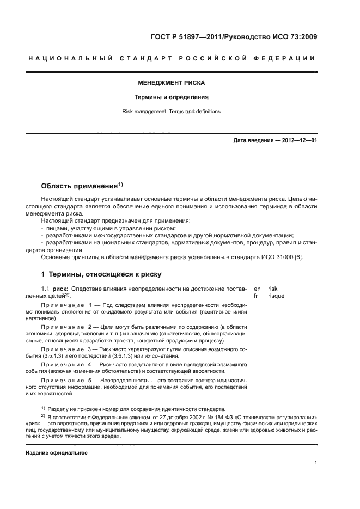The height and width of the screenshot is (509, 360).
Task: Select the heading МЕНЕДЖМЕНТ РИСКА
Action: click(x=171, y=83)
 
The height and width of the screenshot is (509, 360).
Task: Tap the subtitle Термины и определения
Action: click(x=172, y=97)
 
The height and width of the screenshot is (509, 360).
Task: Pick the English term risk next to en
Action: click(x=273, y=289)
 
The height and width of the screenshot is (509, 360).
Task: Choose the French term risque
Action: click(x=276, y=296)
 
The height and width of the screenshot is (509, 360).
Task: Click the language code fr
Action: click(x=257, y=296)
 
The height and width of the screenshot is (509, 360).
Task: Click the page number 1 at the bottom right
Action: click(x=316, y=463)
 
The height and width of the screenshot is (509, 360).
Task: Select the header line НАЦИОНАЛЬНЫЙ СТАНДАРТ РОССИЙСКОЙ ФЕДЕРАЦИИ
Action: click(x=171, y=58)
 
